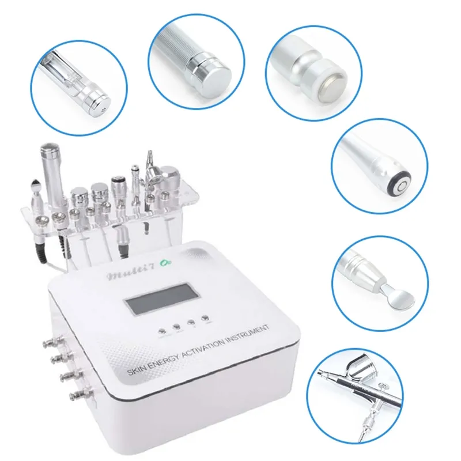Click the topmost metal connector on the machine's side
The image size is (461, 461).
(x=47, y=345)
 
